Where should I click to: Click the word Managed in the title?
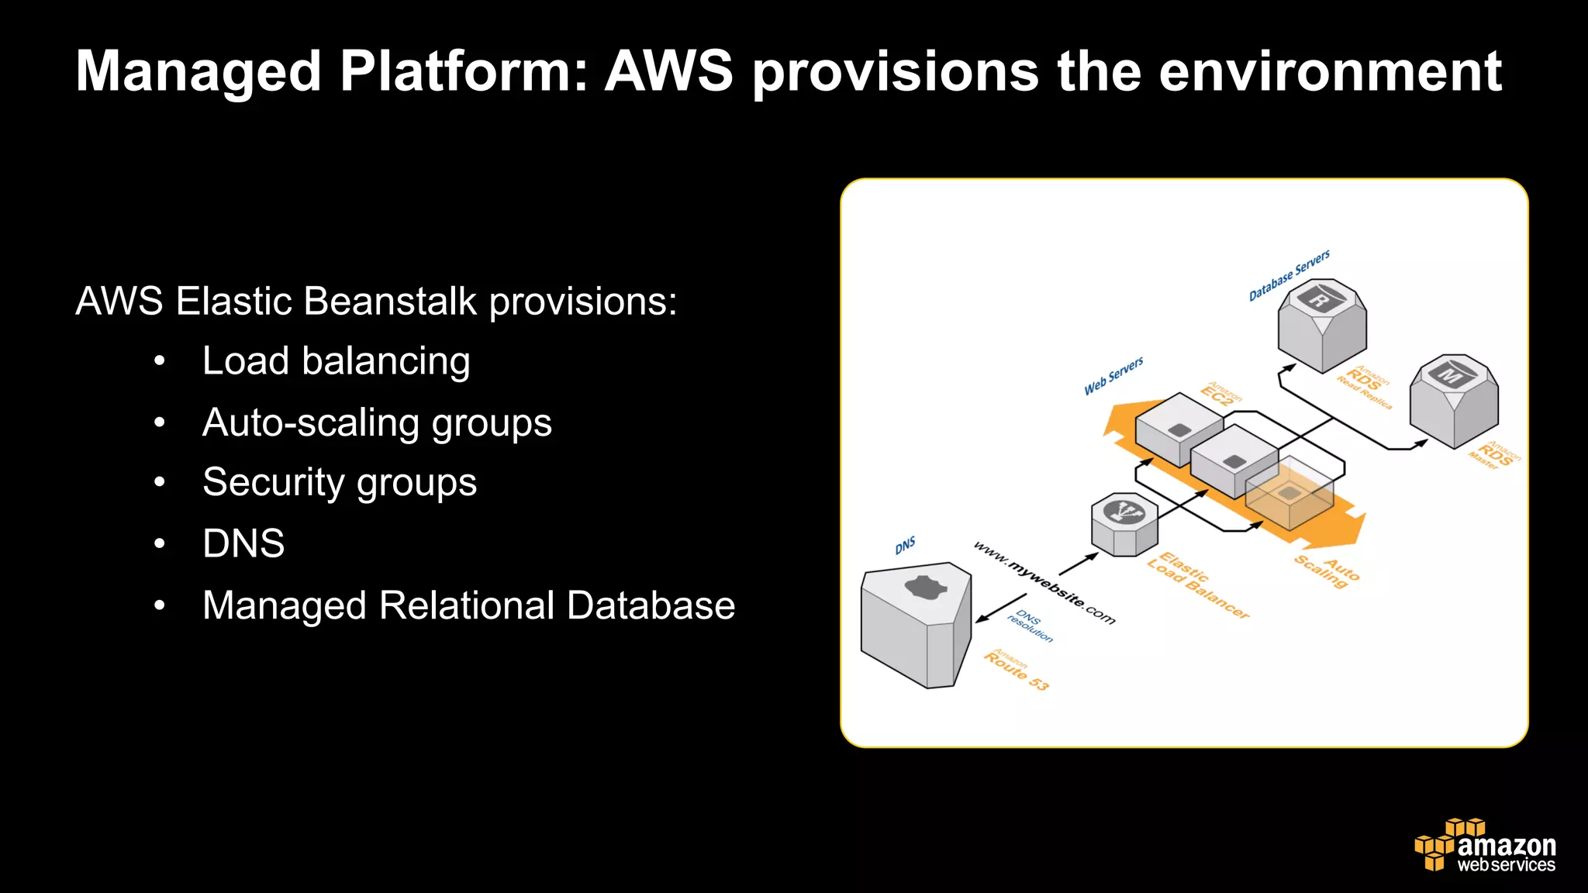[x=198, y=71]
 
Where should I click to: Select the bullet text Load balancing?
[x=336, y=361]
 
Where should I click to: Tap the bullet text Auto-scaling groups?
[x=377, y=422]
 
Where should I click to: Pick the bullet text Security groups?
[x=340, y=482]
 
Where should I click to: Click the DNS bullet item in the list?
[x=243, y=543]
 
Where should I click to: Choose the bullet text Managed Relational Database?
[x=468, y=605]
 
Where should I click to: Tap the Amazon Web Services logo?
[x=1485, y=846]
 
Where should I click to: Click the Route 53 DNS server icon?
[x=915, y=624]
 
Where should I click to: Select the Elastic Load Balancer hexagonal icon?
[x=1124, y=525]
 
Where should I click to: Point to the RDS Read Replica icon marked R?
[x=1322, y=324]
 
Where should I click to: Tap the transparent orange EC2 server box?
[x=1289, y=494]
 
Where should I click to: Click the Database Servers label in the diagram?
[x=1289, y=275]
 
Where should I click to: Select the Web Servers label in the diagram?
[x=1113, y=375]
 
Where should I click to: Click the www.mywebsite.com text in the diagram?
[x=1044, y=583]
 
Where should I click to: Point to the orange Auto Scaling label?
[x=1327, y=572]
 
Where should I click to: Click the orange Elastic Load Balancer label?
[x=1197, y=586]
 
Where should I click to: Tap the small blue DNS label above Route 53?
[x=905, y=545]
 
